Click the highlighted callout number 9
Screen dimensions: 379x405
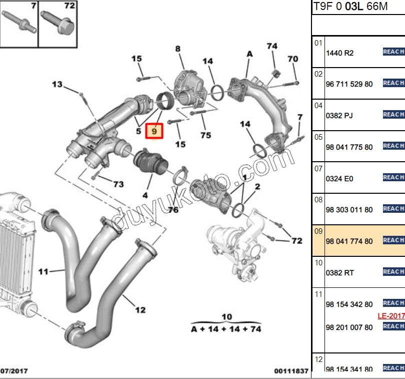(x=154, y=131)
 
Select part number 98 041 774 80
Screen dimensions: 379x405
(x=349, y=241)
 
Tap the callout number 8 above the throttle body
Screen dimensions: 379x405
(x=177, y=49)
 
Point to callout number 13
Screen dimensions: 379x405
(x=57, y=84)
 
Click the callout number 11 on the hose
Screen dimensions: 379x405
(x=43, y=272)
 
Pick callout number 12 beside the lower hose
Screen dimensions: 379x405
(x=140, y=310)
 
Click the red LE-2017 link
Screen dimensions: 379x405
(x=390, y=316)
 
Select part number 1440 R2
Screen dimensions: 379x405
(x=339, y=53)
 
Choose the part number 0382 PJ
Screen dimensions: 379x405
(x=339, y=116)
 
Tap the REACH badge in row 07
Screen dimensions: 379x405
(x=393, y=177)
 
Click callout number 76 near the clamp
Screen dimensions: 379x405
(x=173, y=210)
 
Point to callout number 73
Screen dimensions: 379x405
(x=118, y=184)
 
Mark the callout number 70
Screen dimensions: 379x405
(x=293, y=59)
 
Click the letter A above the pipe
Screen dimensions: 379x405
(x=250, y=54)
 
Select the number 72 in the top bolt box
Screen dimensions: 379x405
(x=69, y=6)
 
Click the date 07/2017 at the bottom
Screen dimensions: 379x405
(x=14, y=370)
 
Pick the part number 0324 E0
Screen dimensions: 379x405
(x=339, y=178)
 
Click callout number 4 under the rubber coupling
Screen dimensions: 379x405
(x=145, y=195)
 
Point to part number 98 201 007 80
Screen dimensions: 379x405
(x=349, y=327)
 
